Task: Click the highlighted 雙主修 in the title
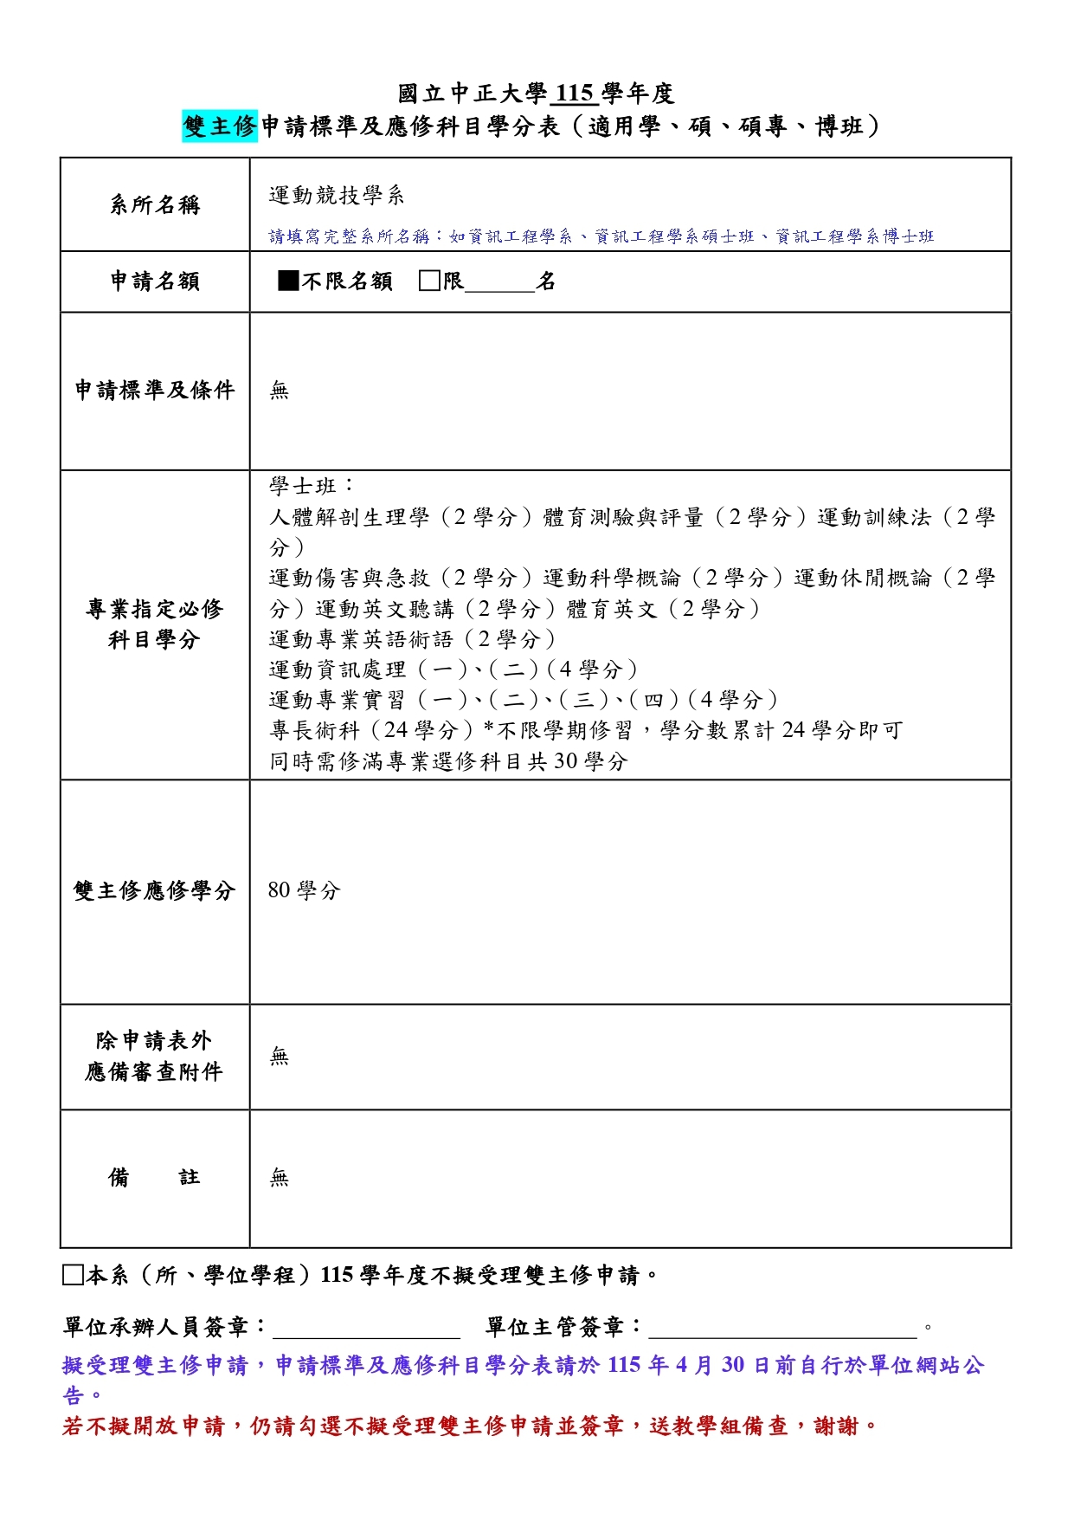[x=220, y=126]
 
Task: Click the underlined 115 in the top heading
[x=574, y=94]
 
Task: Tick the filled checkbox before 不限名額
[x=288, y=281]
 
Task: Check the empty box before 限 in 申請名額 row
[x=428, y=281]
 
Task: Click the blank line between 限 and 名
[x=500, y=286]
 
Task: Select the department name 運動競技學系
[x=337, y=196]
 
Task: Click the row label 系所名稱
[x=155, y=205]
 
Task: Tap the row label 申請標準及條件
[x=155, y=391]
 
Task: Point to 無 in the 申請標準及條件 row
[x=279, y=391]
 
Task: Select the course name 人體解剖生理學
[x=349, y=518]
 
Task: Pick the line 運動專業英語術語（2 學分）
[x=413, y=639]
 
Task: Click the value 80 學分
[x=304, y=890]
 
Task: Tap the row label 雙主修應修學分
[x=155, y=891]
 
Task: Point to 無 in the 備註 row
[x=279, y=1178]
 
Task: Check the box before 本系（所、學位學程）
[x=73, y=1275]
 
